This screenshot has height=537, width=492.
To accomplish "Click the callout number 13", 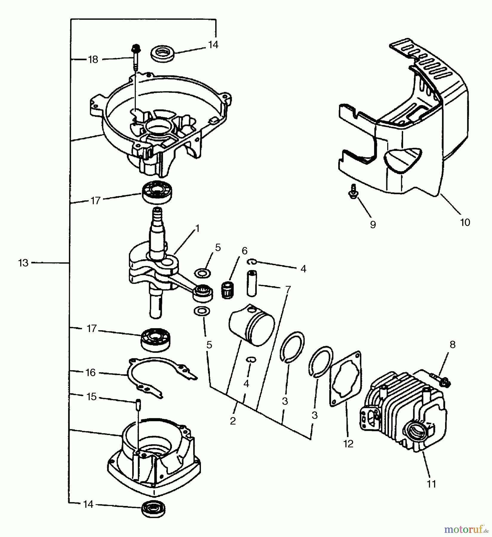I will pos(23,263).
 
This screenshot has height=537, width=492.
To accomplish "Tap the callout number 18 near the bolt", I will pos(93,59).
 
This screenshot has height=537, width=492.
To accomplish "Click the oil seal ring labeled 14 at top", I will pos(163,54).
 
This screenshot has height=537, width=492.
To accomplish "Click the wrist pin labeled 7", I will pos(252,283).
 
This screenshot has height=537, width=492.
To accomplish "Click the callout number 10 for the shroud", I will pos(465,222).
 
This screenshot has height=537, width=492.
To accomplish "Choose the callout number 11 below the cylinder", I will pos(431,484).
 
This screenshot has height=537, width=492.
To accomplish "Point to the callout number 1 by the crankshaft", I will pos(197,229).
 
